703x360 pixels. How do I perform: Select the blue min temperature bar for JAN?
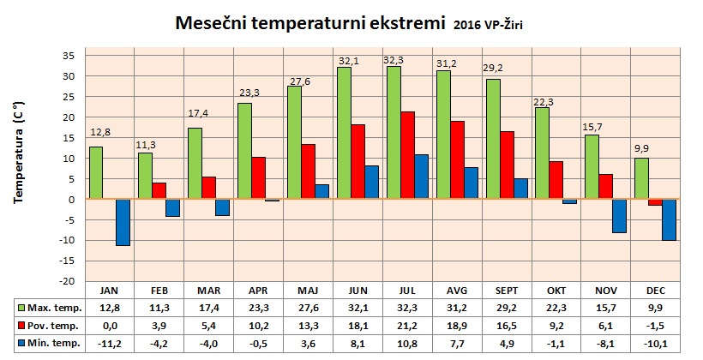123,222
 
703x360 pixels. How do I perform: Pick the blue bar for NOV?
618,216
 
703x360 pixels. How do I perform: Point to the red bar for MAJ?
309,171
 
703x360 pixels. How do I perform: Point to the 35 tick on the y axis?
69,56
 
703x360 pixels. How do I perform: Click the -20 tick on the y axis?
68,281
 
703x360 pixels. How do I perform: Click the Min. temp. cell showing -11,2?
109,343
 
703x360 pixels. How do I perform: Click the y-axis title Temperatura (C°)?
19,160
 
